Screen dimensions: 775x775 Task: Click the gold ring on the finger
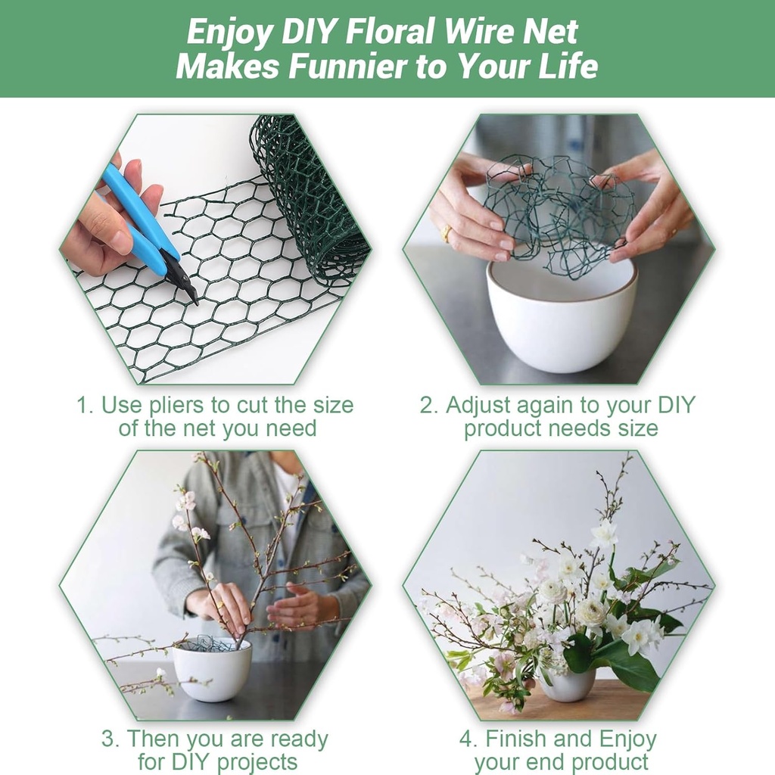(447, 234)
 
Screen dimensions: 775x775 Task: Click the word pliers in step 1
(179, 406)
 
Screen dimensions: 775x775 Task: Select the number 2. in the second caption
(429, 406)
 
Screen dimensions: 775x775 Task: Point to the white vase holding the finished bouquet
(568, 684)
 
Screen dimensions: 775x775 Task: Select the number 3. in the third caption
(110, 739)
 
